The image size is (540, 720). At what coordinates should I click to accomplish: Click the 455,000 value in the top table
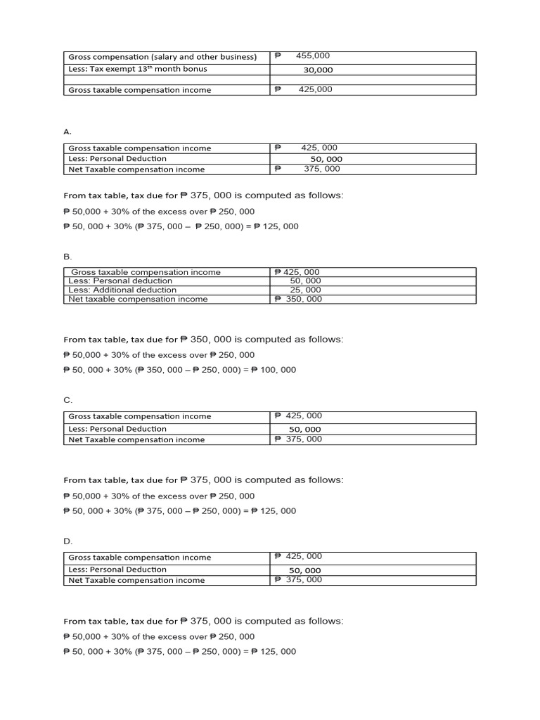313,56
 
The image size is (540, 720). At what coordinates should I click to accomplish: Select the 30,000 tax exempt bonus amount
318,70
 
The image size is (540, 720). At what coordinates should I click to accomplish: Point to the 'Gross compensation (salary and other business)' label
162,57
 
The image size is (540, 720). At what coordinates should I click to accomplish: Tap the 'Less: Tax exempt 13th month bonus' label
137,69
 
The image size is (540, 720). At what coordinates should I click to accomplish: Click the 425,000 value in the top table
315,89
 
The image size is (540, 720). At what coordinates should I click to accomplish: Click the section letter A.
67,131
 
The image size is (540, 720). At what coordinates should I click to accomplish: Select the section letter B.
67,257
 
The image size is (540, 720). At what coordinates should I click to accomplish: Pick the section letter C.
67,400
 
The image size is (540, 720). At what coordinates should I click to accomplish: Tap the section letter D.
67,541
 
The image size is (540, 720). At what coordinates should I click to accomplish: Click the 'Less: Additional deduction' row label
122,290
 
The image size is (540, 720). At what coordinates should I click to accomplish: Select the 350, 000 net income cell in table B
304,299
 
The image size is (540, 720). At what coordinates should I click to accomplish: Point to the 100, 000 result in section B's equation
279,370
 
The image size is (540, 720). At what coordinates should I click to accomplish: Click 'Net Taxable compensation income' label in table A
136,169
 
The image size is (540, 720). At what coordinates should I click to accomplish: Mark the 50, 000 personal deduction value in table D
304,570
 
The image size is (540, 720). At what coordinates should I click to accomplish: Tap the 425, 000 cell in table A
319,148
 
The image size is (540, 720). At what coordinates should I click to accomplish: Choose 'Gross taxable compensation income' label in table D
139,558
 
